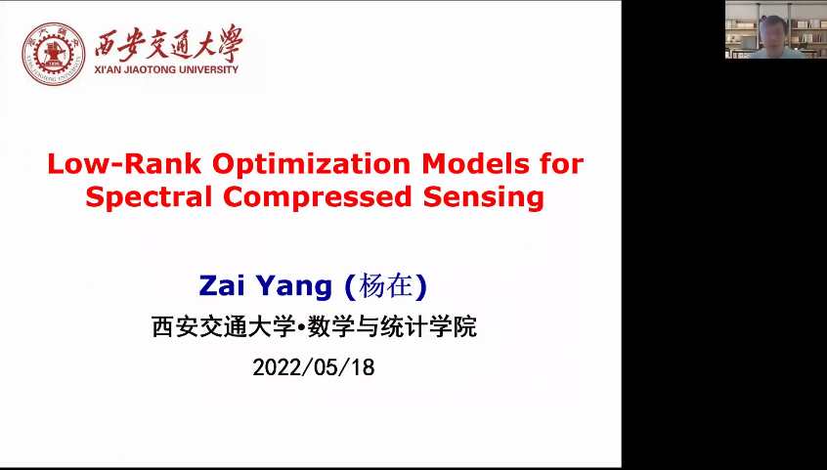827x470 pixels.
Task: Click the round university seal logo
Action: coord(53,54)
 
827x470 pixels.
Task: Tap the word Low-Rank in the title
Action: coord(124,163)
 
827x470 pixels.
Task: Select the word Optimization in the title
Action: coord(311,164)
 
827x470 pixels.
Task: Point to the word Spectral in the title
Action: coord(149,197)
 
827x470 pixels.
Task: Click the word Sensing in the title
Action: coord(484,197)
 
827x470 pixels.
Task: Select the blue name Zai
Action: coord(221,286)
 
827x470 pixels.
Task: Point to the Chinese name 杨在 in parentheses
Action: coord(385,287)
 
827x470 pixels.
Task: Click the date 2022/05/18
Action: coord(313,367)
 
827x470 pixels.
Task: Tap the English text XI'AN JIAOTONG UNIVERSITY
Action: coord(166,69)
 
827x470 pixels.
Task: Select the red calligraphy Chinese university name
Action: coord(169,43)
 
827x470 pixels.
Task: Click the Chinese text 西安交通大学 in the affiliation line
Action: coord(224,326)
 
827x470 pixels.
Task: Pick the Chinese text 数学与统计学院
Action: coord(392,326)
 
